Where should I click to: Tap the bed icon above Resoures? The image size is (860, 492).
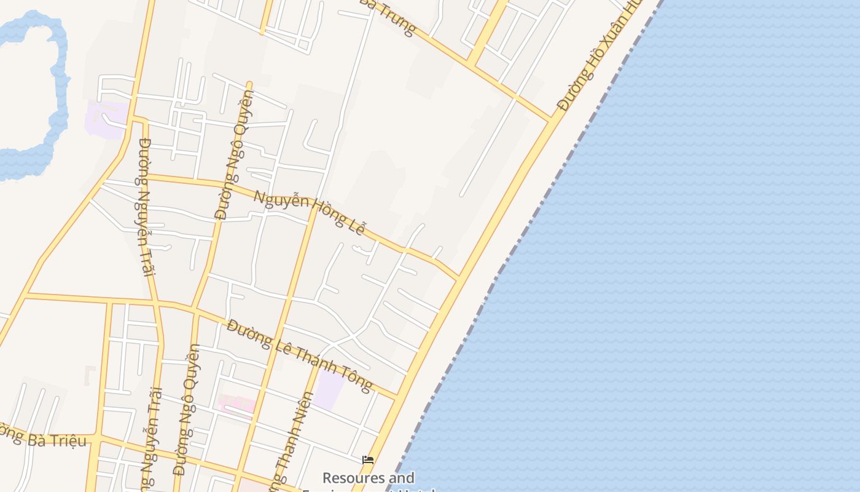(x=368, y=459)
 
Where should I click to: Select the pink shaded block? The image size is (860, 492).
(x=237, y=404)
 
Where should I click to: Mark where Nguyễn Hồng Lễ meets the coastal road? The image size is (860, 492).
(x=458, y=279)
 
